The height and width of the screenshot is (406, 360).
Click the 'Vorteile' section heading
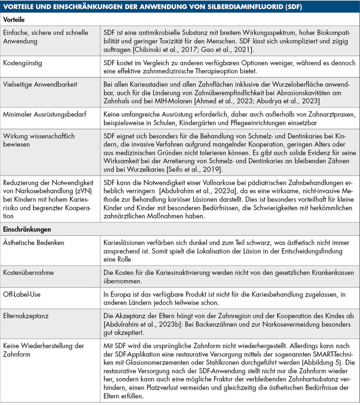pos(14,20)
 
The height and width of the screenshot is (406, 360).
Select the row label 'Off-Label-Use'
pos(21,294)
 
